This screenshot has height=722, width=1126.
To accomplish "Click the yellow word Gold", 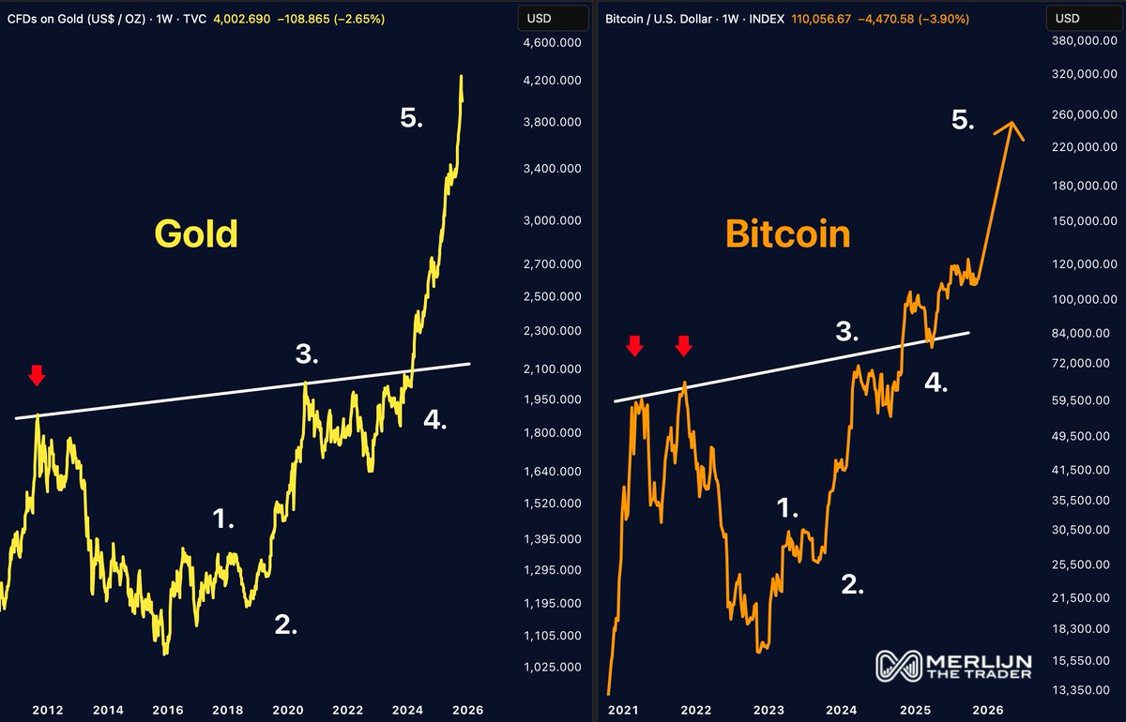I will pyautogui.click(x=196, y=233).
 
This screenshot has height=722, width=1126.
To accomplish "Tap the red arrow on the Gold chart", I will pyautogui.click(x=36, y=376).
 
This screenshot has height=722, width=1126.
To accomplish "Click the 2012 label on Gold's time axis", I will pyautogui.click(x=48, y=710).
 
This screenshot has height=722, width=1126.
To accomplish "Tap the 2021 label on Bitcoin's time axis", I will pyautogui.click(x=624, y=710).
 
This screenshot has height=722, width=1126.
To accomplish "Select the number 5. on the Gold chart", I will pyautogui.click(x=411, y=118).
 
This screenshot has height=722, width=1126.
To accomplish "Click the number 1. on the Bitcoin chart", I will pyautogui.click(x=787, y=508).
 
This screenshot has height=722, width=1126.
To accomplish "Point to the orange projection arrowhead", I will pyautogui.click(x=1011, y=130).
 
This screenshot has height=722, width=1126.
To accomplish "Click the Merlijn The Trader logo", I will pyautogui.click(x=953, y=665).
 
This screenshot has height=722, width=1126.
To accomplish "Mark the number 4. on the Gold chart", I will pyautogui.click(x=434, y=420).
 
